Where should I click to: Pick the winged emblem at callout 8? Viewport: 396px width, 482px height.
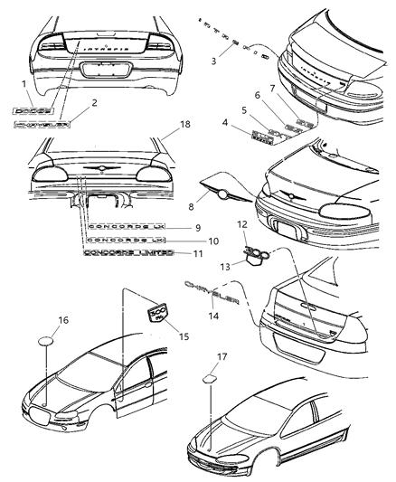coord(219,191)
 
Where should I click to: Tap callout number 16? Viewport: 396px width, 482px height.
coord(63,319)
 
